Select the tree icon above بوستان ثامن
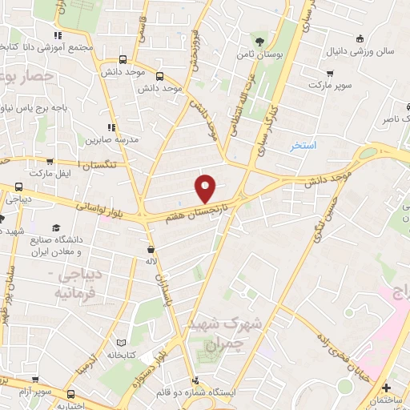pyautogui.click(x=258, y=41)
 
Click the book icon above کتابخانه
pyautogui.click(x=121, y=340)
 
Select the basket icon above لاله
pyautogui.click(x=152, y=248)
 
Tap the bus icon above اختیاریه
pyautogui.click(x=71, y=393)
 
